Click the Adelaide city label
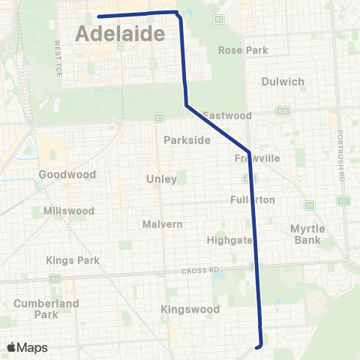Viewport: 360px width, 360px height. [121, 34]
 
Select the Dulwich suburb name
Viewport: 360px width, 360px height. [283, 82]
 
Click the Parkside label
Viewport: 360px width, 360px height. [181, 140]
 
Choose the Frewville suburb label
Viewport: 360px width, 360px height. [256, 158]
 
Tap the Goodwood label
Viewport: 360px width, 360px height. [67, 174]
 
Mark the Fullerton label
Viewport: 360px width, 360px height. [253, 199]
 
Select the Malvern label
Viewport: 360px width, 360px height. [163, 224]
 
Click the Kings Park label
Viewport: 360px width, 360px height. [67, 260]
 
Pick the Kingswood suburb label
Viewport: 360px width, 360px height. [190, 309]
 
